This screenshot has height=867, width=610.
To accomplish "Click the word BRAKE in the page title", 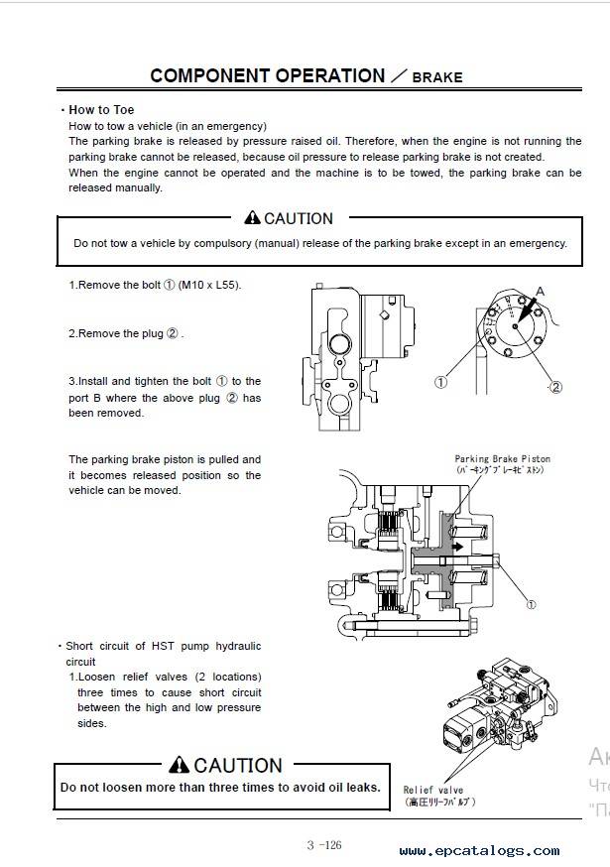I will point(437,76).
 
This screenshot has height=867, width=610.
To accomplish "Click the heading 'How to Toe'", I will point(101,110).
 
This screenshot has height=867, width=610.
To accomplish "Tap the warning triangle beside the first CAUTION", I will point(253,218).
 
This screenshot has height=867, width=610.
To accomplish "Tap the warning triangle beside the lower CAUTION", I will point(179,765).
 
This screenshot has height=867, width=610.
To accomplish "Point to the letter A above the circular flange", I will point(541,292).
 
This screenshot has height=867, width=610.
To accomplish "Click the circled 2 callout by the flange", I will point(555,387).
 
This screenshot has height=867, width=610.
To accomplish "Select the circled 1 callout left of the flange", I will point(440,382).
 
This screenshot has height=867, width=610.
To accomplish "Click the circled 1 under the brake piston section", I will point(531,603).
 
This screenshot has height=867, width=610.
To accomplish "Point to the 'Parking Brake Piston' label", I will point(502,459).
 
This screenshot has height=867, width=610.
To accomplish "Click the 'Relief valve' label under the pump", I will point(433,790).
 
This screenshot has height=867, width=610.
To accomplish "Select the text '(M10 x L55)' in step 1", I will point(209,285).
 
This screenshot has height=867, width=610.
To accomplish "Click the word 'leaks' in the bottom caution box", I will point(361,788).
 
